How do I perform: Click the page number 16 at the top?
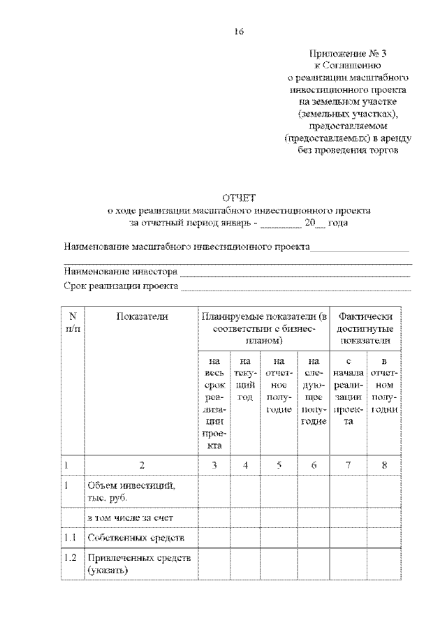(239, 31)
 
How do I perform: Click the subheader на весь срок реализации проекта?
(215, 403)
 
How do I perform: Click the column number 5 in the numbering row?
(279, 464)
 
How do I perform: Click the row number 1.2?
(69, 558)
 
